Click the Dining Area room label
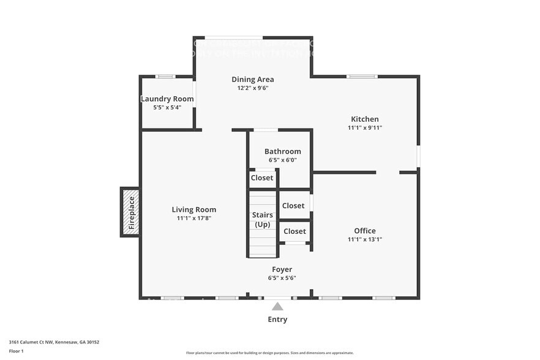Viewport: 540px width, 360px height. (x=252, y=79)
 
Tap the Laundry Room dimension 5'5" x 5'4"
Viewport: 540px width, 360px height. (x=167, y=108)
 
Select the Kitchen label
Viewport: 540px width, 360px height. (x=364, y=119)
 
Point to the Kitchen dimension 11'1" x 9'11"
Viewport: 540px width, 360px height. (x=364, y=128)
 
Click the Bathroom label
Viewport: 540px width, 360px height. (x=282, y=151)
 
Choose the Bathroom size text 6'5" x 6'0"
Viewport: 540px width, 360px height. (x=282, y=160)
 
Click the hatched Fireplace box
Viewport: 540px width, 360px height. (x=130, y=212)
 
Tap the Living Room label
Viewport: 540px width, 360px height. (x=193, y=209)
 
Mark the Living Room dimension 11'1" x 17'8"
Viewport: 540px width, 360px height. (x=193, y=218)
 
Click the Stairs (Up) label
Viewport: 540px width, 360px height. (x=262, y=219)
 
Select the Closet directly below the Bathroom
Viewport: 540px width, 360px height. (x=261, y=178)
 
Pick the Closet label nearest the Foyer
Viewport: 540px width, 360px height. (x=294, y=231)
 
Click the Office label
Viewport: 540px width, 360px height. (x=364, y=230)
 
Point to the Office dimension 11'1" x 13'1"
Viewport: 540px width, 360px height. (x=364, y=239)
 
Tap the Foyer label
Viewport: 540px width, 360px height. (x=282, y=269)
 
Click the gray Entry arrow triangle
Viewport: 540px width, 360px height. (x=277, y=307)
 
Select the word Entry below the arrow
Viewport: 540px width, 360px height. (x=277, y=319)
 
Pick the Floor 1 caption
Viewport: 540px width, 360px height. (x=16, y=351)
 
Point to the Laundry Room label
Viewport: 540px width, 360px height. (x=167, y=99)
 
